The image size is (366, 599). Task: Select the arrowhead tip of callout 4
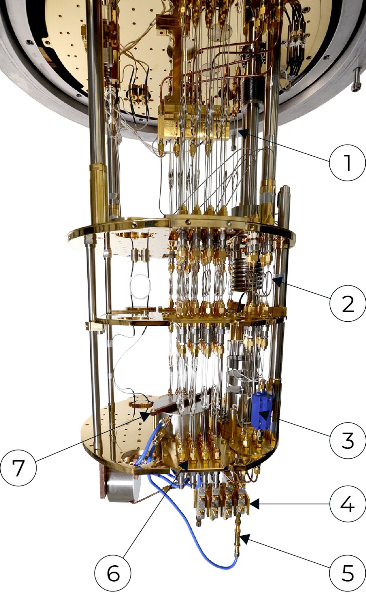coord(251,503)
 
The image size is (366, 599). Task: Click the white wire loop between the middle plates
coord(140,287)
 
